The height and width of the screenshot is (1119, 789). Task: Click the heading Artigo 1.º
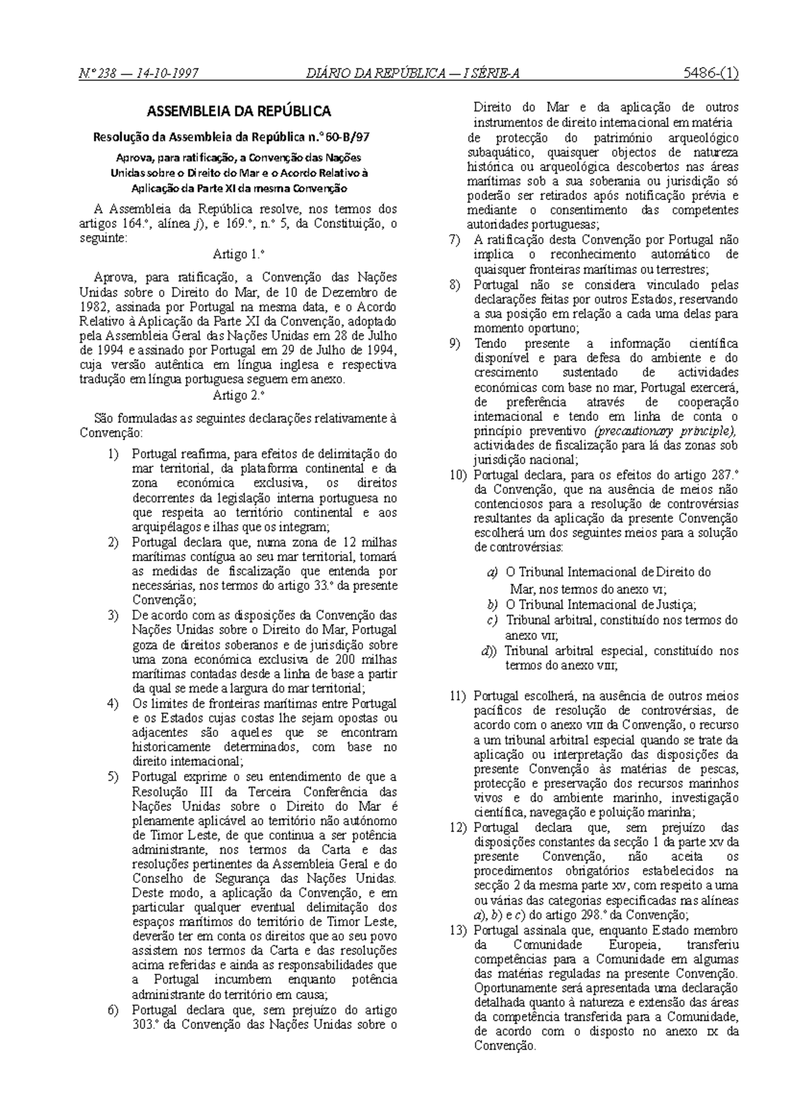tap(239, 254)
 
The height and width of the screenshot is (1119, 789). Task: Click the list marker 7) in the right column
tap(456, 240)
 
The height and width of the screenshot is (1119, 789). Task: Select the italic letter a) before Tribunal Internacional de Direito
tap(492, 573)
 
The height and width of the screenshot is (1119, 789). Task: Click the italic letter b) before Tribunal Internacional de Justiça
tap(492, 605)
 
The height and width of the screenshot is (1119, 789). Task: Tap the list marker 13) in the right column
tap(459, 931)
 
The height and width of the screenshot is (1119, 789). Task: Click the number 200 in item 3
tap(345, 660)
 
